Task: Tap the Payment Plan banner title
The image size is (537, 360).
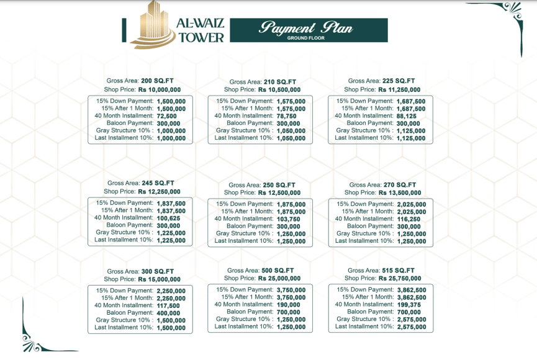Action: click(306, 27)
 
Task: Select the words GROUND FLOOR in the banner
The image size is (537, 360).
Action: click(306, 38)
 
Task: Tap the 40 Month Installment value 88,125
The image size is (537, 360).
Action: click(407, 116)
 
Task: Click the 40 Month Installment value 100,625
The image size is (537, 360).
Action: click(169, 218)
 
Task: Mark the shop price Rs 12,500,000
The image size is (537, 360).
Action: click(279, 192)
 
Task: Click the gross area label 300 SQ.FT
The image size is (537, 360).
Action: click(158, 271)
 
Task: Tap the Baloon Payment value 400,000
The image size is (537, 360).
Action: click(169, 313)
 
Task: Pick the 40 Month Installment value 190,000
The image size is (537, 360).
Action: click(290, 305)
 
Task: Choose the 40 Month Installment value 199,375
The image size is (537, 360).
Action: click(410, 305)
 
